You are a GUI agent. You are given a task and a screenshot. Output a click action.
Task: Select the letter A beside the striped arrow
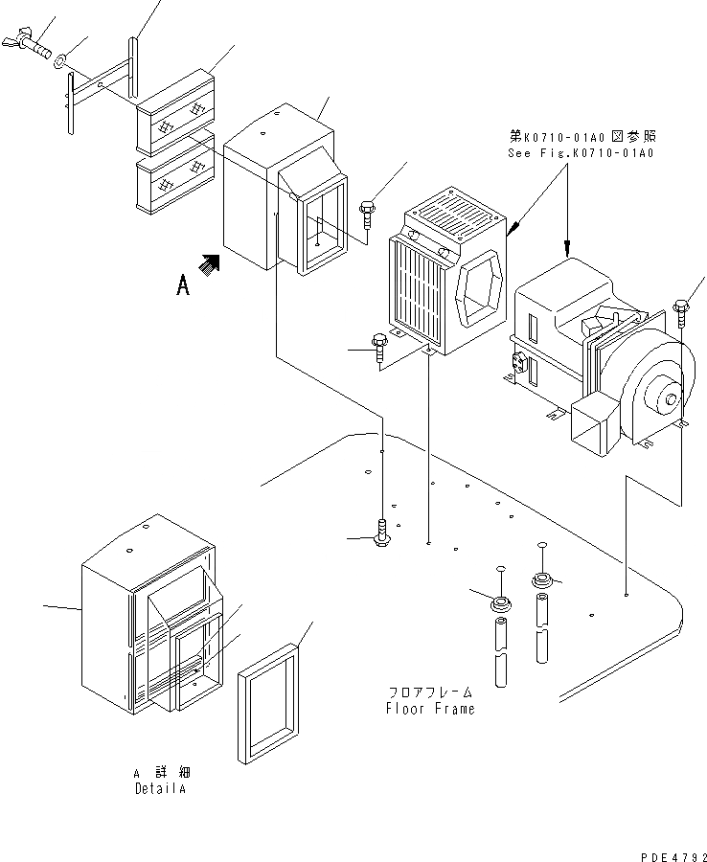[182, 284]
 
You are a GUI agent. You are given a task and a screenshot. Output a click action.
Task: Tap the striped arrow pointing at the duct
[210, 263]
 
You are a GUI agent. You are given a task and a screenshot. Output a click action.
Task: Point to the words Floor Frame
[430, 710]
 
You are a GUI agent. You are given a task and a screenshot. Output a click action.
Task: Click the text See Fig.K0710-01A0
[582, 153]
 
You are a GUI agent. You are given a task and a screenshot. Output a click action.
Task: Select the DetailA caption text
[160, 789]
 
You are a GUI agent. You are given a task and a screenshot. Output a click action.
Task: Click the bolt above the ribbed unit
[368, 215]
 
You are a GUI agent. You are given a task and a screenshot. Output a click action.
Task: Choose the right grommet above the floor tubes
[541, 579]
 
